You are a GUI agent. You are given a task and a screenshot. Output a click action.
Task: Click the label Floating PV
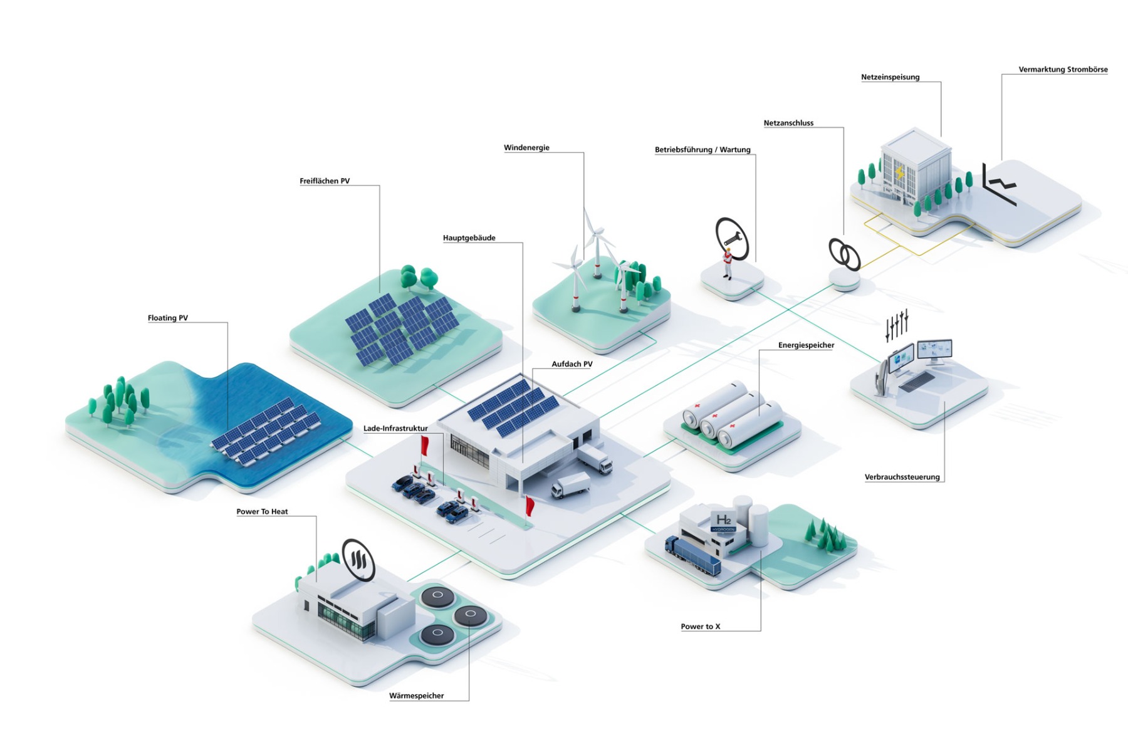(167, 318)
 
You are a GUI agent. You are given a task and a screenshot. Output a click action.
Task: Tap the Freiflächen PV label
(325, 181)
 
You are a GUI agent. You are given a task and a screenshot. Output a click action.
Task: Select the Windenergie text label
(526, 148)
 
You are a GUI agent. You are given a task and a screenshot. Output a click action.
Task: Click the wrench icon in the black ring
(732, 238)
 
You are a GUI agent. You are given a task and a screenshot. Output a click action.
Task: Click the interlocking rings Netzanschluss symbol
(844, 254)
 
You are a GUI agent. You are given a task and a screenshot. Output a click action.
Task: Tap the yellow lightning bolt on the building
(899, 172)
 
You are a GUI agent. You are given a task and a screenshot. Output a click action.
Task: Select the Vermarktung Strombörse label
(1063, 70)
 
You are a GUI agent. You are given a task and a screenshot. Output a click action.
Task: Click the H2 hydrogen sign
(723, 521)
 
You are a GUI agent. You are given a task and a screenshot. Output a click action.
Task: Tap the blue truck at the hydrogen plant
(692, 555)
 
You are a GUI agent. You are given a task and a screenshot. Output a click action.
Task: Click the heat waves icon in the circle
(358, 559)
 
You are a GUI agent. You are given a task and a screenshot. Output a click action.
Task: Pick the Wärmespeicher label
(416, 696)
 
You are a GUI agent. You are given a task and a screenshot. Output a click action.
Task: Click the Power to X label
(700, 627)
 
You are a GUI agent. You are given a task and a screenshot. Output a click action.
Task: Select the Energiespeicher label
(806, 345)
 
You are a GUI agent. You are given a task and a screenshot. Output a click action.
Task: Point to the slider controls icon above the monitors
(897, 325)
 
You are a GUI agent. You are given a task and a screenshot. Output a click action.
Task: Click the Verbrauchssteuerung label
(902, 477)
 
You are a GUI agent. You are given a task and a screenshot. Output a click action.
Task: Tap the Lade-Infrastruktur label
(395, 429)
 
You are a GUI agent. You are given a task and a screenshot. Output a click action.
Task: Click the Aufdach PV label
(572, 364)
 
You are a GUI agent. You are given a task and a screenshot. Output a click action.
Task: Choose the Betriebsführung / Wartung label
(702, 150)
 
